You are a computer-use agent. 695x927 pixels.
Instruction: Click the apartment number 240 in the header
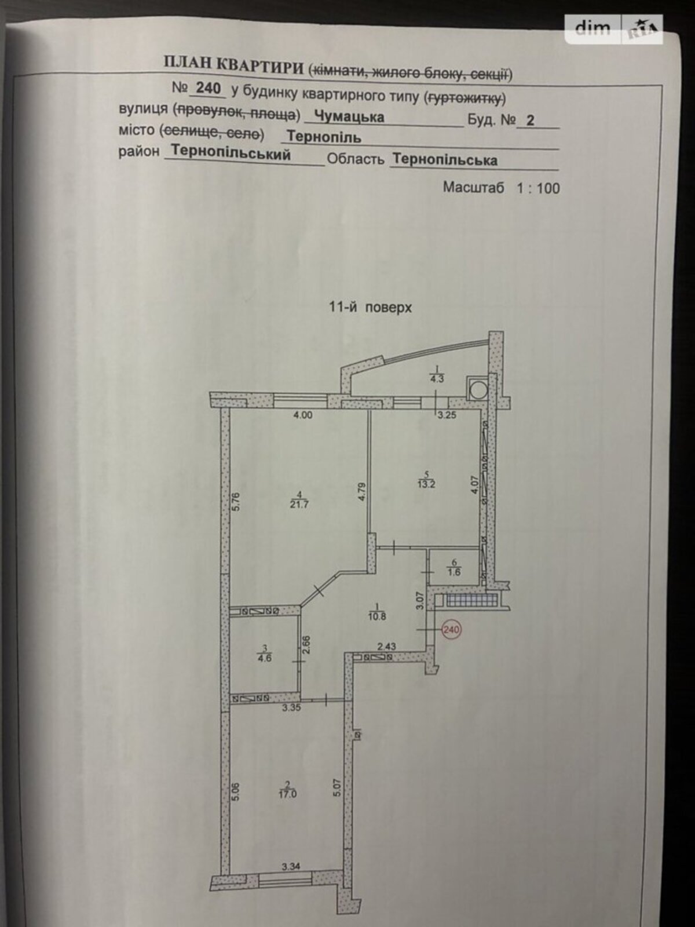pos(209,89)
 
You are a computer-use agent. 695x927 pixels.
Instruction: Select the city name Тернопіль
pos(324,137)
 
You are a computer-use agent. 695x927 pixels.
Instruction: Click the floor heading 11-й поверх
pos(370,308)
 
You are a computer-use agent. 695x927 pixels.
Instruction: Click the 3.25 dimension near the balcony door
pos(447,415)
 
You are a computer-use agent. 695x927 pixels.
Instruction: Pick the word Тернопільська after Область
pos(444,159)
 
